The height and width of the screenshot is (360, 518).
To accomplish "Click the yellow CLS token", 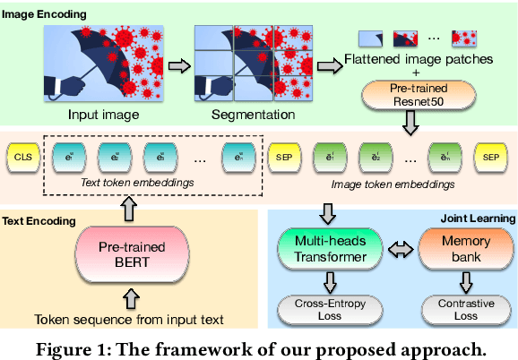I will tap(23, 159).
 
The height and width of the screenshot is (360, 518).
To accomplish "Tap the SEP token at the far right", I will tap(490, 159).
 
